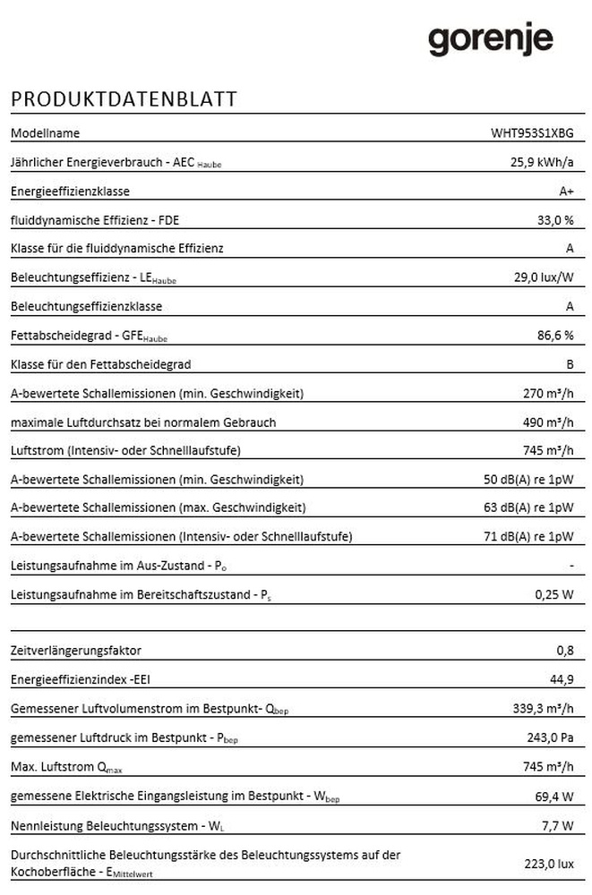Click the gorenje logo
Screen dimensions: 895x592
[490, 40]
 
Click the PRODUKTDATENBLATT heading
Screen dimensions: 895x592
[124, 99]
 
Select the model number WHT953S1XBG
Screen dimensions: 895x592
[532, 133]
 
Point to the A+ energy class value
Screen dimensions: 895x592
[566, 192]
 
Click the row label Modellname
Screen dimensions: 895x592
[45, 133]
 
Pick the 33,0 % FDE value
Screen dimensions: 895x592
[554, 220]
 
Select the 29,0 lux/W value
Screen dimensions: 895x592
[544, 277]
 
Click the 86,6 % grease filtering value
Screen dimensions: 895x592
[554, 336]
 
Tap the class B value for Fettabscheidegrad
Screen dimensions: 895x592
[570, 364]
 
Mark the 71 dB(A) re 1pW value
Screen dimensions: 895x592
[528, 537]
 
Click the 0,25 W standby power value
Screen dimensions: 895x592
[553, 594]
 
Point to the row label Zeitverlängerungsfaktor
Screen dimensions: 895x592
[75, 651]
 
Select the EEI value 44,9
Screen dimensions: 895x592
[562, 679]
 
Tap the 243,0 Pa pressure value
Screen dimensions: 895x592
[548, 737]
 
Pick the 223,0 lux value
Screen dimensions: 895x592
[548, 864]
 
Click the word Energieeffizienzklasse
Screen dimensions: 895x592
[70, 192]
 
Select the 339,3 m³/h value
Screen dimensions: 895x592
[541, 709]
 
